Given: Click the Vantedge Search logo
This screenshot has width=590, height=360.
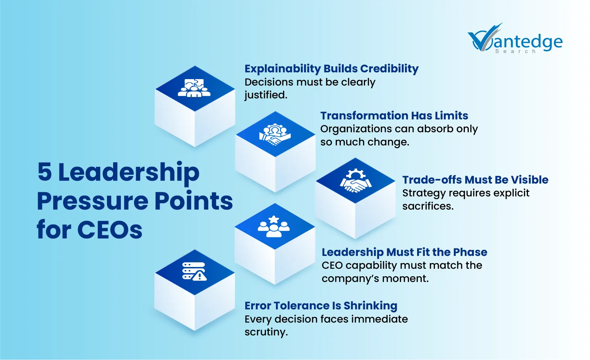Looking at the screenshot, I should (515, 39).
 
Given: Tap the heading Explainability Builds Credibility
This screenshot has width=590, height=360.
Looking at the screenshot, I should (331, 68).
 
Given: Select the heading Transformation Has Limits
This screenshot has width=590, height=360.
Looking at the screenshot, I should (394, 115).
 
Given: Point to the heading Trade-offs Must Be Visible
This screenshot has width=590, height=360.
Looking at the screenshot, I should (475, 180).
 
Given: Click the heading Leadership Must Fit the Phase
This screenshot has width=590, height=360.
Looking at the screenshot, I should (404, 252).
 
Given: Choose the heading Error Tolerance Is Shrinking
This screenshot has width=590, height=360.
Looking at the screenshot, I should (320, 305).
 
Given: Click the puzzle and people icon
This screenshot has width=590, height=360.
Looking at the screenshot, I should (194, 88).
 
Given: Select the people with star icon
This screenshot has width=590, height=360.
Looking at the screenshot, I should (274, 227).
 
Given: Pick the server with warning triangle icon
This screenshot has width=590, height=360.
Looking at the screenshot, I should (194, 272).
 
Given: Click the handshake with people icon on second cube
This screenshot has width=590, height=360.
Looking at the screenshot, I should (275, 134).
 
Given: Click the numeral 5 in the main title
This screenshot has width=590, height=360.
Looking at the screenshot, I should (45, 172).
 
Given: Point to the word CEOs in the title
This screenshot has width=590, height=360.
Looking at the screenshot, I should (110, 230).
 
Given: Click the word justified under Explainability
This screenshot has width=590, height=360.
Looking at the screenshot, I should (266, 95).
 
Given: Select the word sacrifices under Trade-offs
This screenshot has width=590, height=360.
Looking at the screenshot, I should (427, 206).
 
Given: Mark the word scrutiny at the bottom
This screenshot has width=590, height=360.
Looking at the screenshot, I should (266, 332).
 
